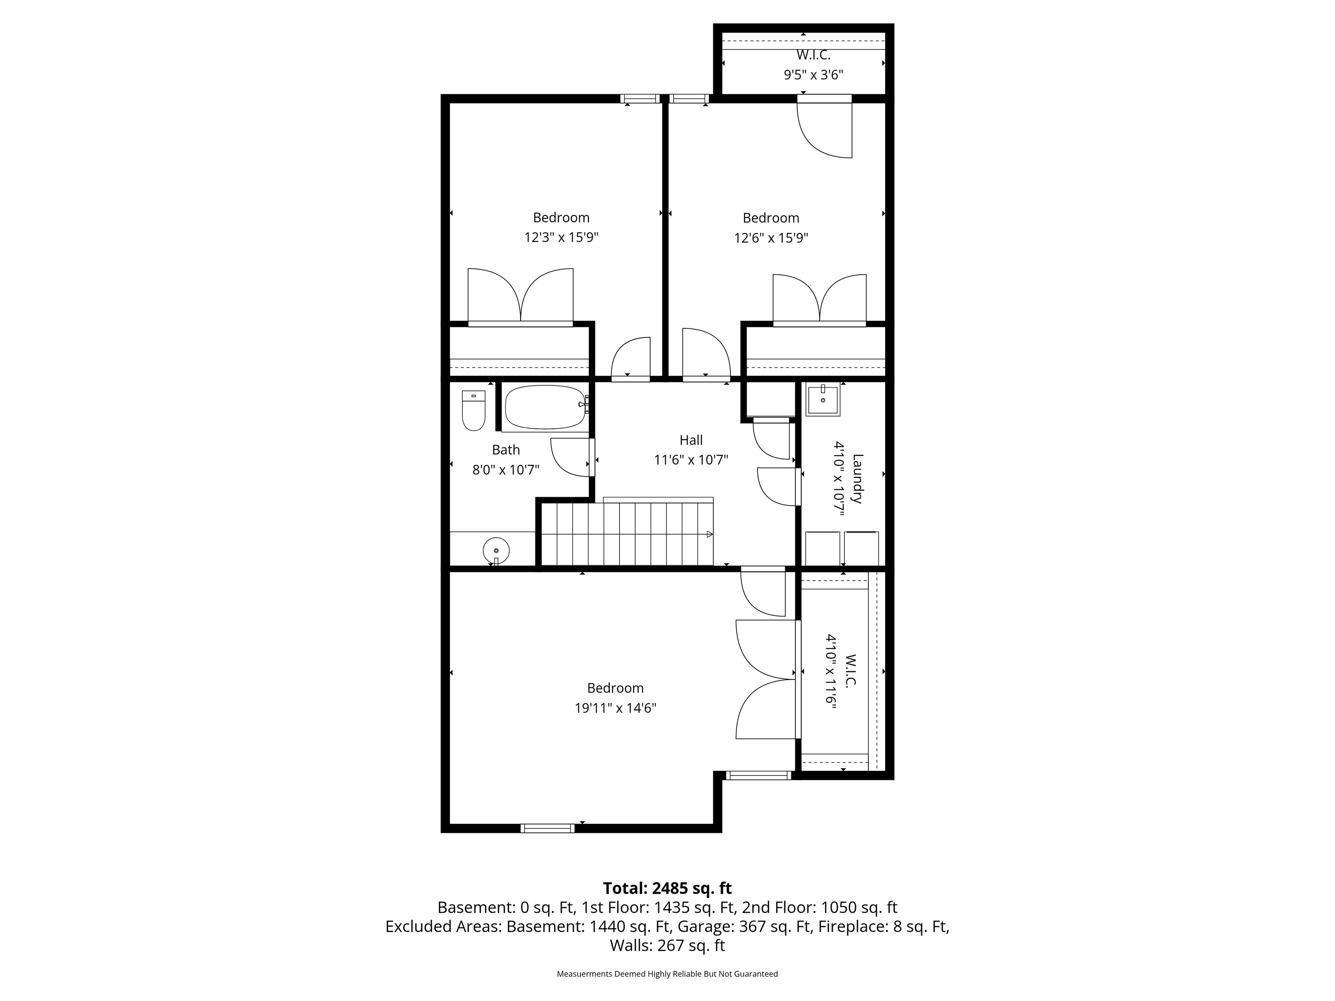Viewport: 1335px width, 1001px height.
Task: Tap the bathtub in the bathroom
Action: (x=545, y=407)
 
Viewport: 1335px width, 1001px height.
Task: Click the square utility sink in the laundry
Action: (x=823, y=401)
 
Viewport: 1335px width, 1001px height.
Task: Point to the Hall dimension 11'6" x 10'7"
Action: (x=691, y=460)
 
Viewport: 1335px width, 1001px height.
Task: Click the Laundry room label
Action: (x=857, y=478)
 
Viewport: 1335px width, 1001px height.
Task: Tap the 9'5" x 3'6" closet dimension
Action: (x=813, y=75)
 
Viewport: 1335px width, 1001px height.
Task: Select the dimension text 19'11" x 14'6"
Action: (x=615, y=708)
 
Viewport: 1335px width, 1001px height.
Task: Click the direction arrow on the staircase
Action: (x=710, y=534)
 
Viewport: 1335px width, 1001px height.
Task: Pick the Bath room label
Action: (x=506, y=450)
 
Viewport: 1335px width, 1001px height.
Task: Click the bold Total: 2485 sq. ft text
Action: (x=667, y=888)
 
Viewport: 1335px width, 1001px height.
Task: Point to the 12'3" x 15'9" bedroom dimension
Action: (x=561, y=237)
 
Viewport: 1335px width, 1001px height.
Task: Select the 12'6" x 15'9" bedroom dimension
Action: (x=770, y=238)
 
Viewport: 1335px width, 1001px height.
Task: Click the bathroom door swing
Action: (x=570, y=457)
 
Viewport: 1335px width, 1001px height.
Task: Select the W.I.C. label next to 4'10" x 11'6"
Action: (x=851, y=671)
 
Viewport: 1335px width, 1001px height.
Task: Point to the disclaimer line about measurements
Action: (x=667, y=974)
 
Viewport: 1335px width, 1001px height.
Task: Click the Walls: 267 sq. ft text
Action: (x=667, y=945)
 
